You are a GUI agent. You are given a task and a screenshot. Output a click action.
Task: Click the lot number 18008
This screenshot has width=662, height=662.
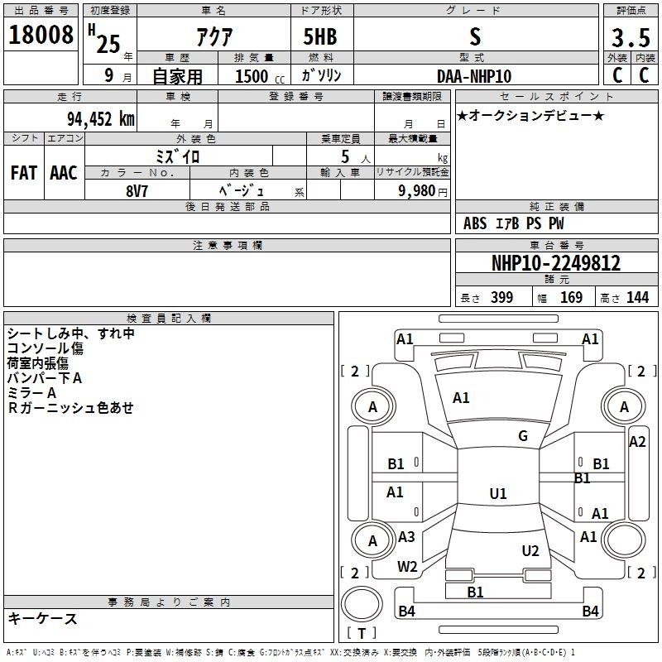tap(41, 35)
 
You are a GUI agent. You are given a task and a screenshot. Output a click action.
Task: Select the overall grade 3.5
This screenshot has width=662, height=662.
tap(631, 37)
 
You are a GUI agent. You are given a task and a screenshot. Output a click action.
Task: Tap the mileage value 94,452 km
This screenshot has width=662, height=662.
tap(101, 119)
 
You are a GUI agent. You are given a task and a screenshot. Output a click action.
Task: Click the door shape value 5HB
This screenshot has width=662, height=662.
tap(320, 36)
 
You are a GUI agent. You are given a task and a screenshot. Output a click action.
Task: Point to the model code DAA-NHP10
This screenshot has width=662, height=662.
tap(474, 76)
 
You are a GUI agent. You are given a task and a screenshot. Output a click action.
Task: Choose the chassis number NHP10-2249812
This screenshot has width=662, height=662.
tap(556, 263)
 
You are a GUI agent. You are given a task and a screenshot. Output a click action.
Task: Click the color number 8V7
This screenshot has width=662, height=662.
tap(137, 191)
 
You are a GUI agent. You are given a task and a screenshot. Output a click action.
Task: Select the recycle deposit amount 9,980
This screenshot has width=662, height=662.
tap(417, 190)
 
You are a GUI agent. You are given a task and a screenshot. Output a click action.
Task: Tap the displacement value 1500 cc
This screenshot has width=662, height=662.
tap(260, 76)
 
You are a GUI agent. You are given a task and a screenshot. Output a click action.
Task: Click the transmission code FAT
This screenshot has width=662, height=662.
tap(24, 173)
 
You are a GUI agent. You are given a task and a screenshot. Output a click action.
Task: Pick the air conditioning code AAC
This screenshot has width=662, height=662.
tap(64, 173)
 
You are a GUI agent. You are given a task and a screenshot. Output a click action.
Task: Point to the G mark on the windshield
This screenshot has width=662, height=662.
tap(523, 436)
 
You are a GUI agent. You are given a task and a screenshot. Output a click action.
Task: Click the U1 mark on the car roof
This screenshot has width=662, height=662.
tap(498, 493)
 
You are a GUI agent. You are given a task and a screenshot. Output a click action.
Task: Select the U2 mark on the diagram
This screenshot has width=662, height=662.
tap(530, 550)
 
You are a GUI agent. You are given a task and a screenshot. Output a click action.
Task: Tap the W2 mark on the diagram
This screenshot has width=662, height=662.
tap(407, 566)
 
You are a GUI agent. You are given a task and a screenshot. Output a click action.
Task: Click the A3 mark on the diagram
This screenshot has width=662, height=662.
tap(406, 536)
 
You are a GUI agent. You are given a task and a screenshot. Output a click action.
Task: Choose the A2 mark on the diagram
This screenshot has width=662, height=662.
tap(637, 442)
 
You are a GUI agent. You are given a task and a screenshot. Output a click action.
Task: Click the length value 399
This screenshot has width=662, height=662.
tap(502, 297)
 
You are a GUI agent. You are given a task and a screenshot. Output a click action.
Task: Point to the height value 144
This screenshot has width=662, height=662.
tap(637, 297)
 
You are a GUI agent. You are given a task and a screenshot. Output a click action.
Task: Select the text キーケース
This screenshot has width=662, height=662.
tap(43, 618)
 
